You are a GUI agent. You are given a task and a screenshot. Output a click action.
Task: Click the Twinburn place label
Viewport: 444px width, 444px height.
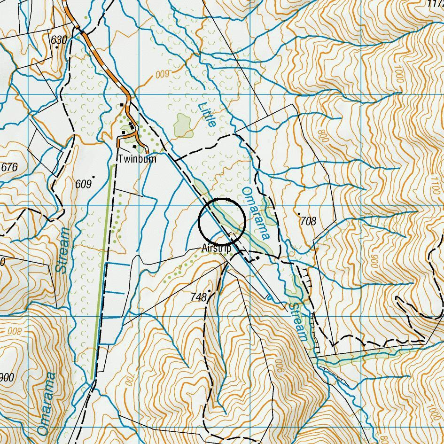tap(137, 159)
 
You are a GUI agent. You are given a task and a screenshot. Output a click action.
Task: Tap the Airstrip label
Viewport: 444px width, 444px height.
tap(217, 248)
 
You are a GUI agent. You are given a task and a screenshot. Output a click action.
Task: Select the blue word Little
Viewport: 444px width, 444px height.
tap(207, 114)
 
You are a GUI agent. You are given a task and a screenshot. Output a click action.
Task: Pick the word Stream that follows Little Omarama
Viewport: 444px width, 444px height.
tap(297, 321)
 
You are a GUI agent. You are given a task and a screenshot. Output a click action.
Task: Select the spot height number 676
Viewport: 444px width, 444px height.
tap(9, 167)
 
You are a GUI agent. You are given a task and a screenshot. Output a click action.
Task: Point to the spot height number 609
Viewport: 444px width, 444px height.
tap(83, 184)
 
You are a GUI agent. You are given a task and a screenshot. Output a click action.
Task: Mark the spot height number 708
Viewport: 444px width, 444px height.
tap(308, 221)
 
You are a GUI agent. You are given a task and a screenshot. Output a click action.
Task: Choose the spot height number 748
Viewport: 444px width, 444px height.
tap(199, 297)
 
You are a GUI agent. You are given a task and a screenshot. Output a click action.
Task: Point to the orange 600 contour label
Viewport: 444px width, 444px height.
tap(162, 74)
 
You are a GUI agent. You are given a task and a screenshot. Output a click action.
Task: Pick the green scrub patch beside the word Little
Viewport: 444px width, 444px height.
tap(183, 125)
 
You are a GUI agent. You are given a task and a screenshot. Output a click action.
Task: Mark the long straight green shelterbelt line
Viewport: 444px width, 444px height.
tap(102, 273)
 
